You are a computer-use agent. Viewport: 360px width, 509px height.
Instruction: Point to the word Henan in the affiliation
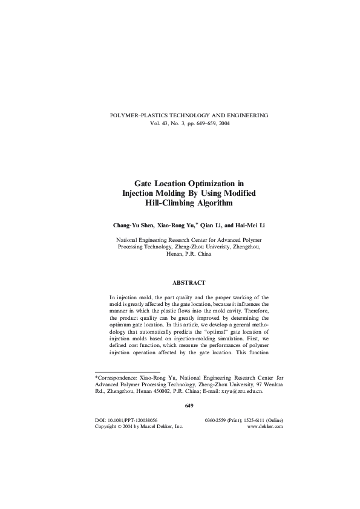174,256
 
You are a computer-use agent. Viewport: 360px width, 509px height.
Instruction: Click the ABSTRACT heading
189,282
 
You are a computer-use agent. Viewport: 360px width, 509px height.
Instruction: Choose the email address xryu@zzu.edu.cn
240,391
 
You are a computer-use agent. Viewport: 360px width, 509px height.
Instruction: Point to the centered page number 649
189,405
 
